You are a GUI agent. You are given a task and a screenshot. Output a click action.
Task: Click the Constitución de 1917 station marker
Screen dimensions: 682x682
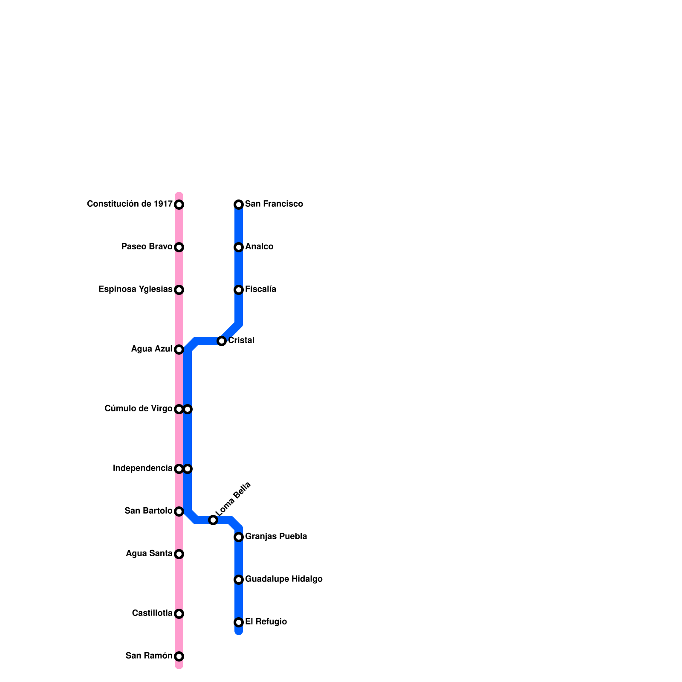click(179, 205)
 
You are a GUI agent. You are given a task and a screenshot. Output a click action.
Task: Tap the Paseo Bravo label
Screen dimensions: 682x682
click(147, 247)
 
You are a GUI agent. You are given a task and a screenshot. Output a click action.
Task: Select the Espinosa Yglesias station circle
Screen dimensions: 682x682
click(179, 290)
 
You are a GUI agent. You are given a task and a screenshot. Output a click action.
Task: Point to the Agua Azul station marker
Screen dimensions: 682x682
click(179, 350)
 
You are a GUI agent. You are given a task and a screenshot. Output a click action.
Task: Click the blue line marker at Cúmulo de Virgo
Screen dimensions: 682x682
click(188, 409)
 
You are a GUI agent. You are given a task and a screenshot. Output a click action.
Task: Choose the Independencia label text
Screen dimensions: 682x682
click(142, 468)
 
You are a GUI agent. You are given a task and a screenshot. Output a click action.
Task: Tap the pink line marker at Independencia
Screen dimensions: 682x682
click(179, 469)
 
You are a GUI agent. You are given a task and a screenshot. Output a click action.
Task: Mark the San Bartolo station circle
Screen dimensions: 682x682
click(179, 511)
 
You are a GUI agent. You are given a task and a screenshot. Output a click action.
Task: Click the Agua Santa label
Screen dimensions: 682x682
click(149, 554)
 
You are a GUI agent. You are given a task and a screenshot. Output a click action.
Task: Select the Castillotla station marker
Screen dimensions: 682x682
click(179, 614)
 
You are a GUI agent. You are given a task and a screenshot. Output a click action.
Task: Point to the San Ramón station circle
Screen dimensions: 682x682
click(179, 656)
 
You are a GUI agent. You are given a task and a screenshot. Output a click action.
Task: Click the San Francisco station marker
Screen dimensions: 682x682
click(239, 205)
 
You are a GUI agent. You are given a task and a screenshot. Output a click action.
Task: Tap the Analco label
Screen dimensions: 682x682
click(259, 247)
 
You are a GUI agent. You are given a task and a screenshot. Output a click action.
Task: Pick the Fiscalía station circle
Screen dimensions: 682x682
click(239, 290)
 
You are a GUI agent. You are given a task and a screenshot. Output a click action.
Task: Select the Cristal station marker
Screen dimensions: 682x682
click(222, 341)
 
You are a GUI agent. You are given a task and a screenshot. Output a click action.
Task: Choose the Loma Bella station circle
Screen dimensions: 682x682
click(213, 520)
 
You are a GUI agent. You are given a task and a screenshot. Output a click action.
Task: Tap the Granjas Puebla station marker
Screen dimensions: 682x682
click(239, 537)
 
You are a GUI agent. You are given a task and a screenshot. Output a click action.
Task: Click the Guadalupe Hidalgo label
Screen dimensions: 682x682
click(283, 579)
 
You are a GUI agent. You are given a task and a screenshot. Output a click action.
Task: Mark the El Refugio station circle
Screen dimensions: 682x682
click(239, 622)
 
